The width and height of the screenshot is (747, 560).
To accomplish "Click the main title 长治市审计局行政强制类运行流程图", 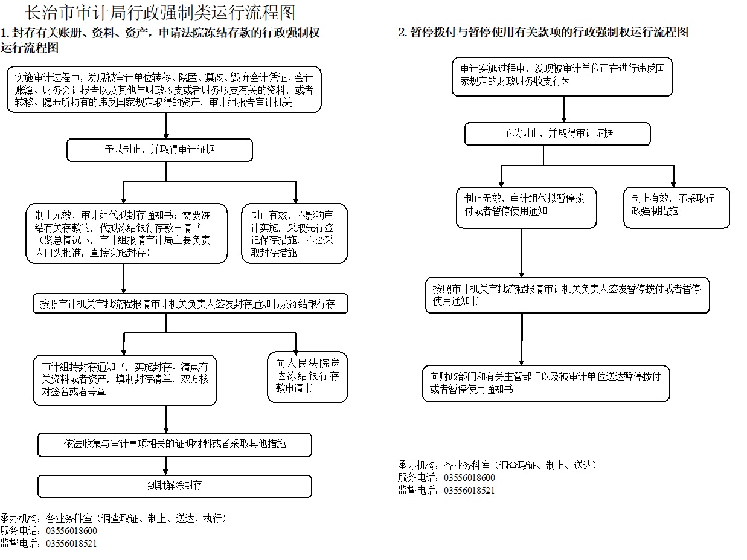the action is [x=160, y=13].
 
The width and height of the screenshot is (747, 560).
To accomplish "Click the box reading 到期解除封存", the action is [x=175, y=486].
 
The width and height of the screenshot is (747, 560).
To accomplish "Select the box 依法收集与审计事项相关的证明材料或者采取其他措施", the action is [x=175, y=444].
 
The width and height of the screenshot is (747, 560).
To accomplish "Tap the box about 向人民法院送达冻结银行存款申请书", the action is [x=307, y=376].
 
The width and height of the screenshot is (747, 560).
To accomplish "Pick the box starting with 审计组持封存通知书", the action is [x=125, y=380].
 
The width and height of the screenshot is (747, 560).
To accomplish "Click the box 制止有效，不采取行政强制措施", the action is [x=676, y=207].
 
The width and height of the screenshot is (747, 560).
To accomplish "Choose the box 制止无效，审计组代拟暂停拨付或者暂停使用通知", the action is [x=526, y=207].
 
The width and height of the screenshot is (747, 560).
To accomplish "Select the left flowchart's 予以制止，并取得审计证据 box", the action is [x=159, y=150].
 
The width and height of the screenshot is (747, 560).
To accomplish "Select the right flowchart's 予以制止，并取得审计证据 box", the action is [x=557, y=134].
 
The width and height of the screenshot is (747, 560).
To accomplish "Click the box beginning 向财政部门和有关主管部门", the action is [x=546, y=383].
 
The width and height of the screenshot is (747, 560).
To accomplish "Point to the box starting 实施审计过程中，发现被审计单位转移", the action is [x=164, y=89].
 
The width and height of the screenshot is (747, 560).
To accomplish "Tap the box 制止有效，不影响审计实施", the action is [x=294, y=233].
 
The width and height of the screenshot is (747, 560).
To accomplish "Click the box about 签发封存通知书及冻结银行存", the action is [x=190, y=303].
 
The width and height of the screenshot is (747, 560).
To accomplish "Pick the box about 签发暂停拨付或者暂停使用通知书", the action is [x=567, y=295].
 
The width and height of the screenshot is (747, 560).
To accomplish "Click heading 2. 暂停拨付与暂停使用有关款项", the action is [x=543, y=33].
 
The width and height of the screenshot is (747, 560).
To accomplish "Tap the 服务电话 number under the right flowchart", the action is [x=469, y=478].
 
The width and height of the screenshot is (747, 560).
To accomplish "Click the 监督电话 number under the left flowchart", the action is [x=71, y=543].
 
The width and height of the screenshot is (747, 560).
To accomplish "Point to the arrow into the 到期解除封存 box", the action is [x=165, y=466].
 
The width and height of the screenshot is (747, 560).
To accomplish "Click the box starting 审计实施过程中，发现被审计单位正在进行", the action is [x=562, y=77].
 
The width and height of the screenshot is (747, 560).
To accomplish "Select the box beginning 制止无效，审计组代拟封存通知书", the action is [x=127, y=233].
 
